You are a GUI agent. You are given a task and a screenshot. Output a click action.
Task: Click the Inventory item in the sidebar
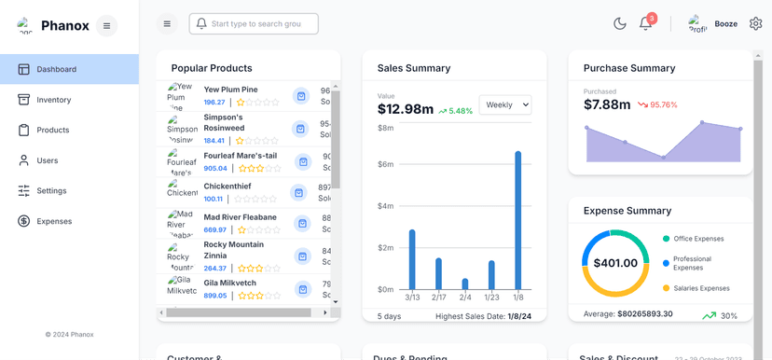[x=53, y=100]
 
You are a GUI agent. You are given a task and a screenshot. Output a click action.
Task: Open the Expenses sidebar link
[x=53, y=221]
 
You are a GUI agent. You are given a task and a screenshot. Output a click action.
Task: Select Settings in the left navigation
[x=51, y=190]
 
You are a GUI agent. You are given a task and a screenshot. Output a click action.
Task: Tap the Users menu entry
[x=47, y=160]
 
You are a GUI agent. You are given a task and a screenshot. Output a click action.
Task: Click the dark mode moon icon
[x=619, y=23]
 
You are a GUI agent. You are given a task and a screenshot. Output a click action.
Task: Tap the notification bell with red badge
[x=645, y=23]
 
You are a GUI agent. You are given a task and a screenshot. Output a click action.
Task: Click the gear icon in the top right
[x=755, y=23]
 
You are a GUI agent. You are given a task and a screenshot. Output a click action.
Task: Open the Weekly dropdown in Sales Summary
[x=504, y=105]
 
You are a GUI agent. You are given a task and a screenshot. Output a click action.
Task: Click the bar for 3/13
[x=412, y=259]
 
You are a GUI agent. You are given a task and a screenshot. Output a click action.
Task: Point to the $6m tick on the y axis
[x=385, y=164]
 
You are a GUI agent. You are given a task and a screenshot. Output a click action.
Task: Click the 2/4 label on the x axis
[x=464, y=298]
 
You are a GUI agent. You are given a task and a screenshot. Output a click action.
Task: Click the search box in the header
[x=254, y=23]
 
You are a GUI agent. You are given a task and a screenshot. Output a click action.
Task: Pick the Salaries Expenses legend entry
[x=701, y=288]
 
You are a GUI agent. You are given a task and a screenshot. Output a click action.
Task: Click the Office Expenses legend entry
[x=697, y=239]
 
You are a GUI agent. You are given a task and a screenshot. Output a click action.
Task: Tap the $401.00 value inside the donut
[x=614, y=263]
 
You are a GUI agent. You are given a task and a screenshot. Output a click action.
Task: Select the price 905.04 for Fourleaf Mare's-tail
[x=215, y=169]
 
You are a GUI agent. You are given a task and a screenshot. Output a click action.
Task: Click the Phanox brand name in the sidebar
[x=65, y=25]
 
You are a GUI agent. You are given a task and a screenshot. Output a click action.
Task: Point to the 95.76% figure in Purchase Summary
[x=664, y=105]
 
